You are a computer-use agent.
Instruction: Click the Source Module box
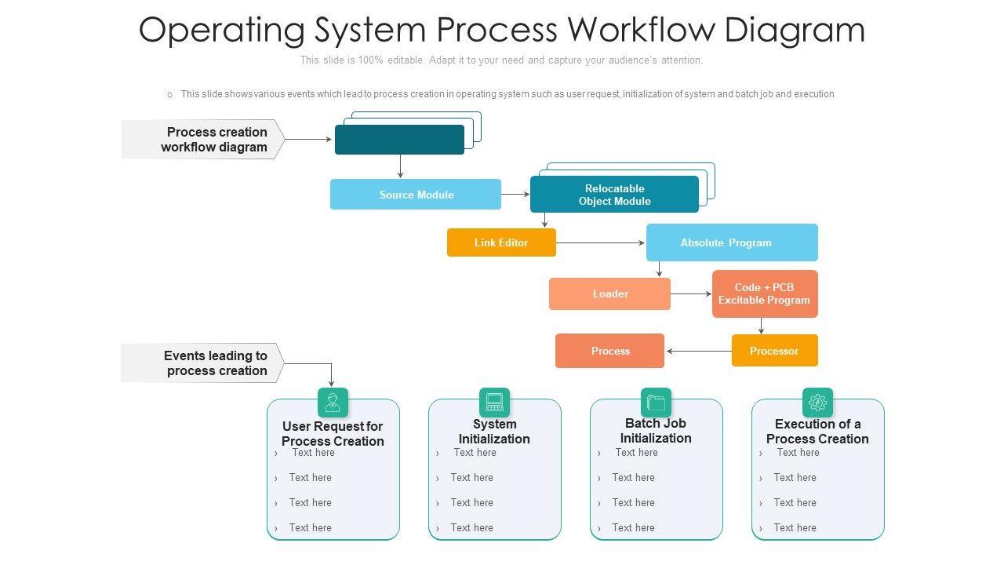tap(415, 195)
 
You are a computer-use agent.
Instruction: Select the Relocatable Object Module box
tap(614, 195)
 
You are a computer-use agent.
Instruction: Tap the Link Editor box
tap(501, 242)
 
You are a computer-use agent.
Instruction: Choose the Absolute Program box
tap(732, 242)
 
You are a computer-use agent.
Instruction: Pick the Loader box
tap(609, 293)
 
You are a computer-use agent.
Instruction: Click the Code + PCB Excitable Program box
tap(765, 293)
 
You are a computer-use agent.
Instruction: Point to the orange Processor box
tap(774, 351)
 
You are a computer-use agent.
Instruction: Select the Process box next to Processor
tap(609, 351)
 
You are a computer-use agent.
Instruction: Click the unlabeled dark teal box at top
tap(399, 140)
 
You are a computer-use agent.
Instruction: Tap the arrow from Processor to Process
tap(698, 351)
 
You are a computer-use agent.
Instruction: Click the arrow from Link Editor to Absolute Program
tap(601, 243)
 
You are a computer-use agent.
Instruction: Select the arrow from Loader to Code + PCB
tap(691, 294)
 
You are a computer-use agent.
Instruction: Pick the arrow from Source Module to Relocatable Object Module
tap(515, 195)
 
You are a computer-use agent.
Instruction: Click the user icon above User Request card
tap(333, 403)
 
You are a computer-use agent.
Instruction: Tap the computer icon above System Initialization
tap(494, 403)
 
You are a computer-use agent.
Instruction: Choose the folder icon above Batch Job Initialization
tap(656, 403)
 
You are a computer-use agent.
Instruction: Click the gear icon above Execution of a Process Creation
tap(817, 403)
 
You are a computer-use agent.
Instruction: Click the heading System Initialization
tap(494, 432)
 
